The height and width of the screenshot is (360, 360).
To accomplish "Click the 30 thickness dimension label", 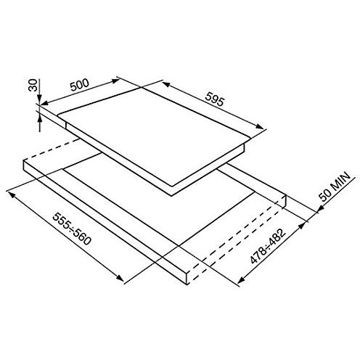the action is (33, 85).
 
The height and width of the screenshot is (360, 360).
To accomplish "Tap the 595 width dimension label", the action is (214, 99).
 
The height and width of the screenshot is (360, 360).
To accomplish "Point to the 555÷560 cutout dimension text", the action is (72, 229).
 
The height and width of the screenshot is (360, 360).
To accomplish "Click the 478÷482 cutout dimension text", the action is (268, 246).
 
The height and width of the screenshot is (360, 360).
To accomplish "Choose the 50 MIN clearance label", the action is (335, 187).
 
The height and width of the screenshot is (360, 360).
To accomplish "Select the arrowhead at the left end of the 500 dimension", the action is (44, 103).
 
